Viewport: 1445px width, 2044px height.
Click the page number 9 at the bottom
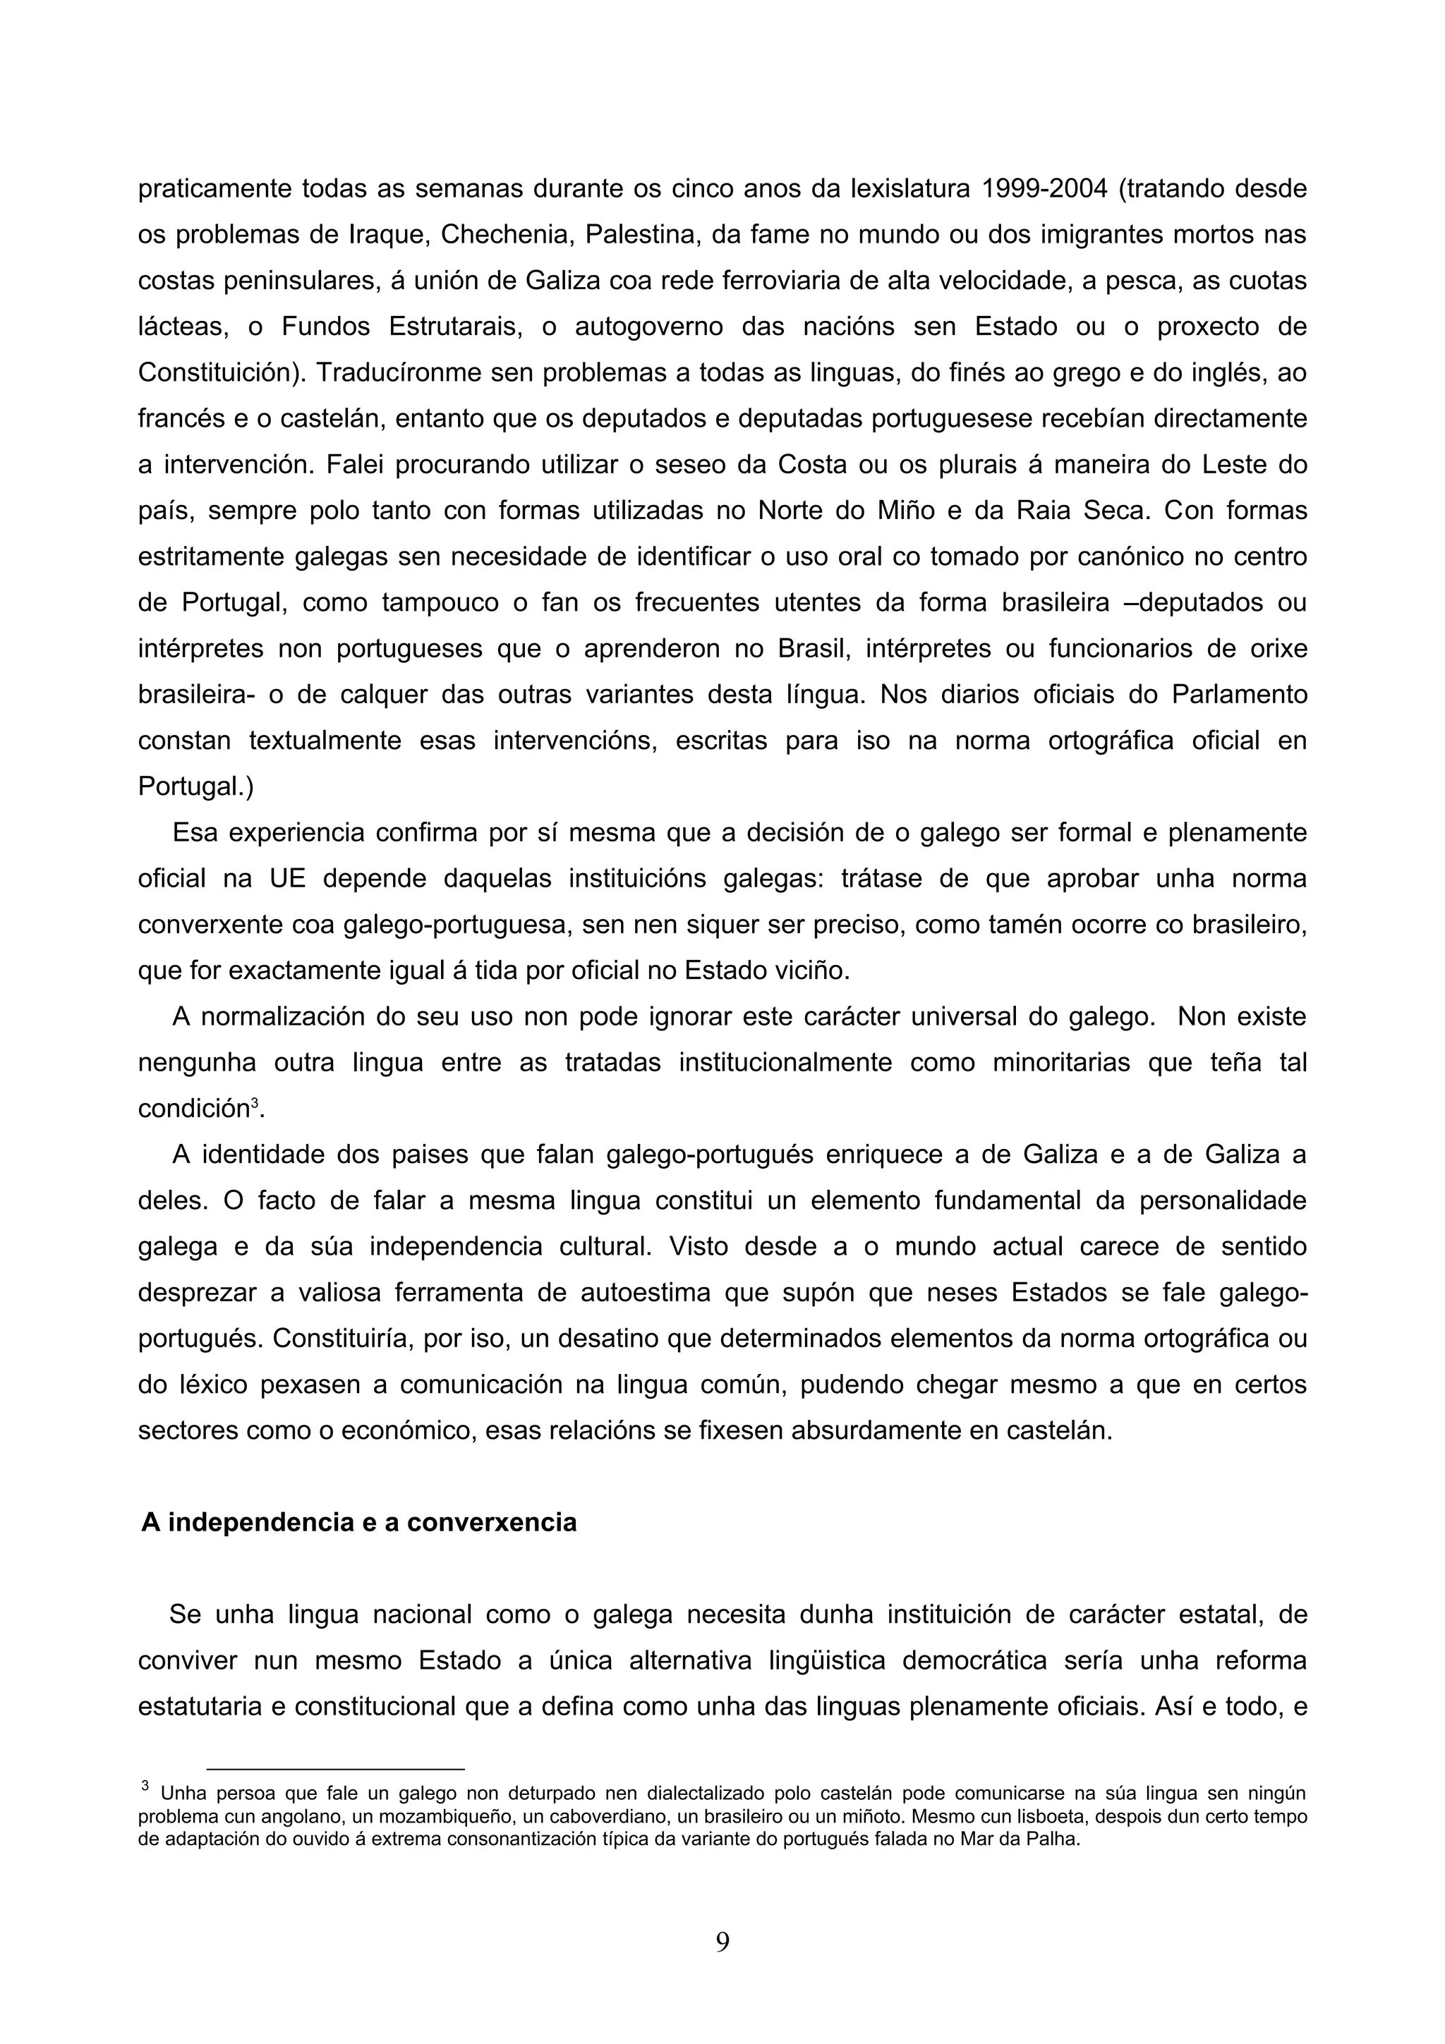point(722,1942)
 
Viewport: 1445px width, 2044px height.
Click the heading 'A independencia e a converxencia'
point(359,1522)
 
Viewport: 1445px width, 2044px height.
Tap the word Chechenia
point(500,235)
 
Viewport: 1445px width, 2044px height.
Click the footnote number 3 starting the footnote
point(145,1785)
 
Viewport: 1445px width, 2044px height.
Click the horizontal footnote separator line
point(336,1768)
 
